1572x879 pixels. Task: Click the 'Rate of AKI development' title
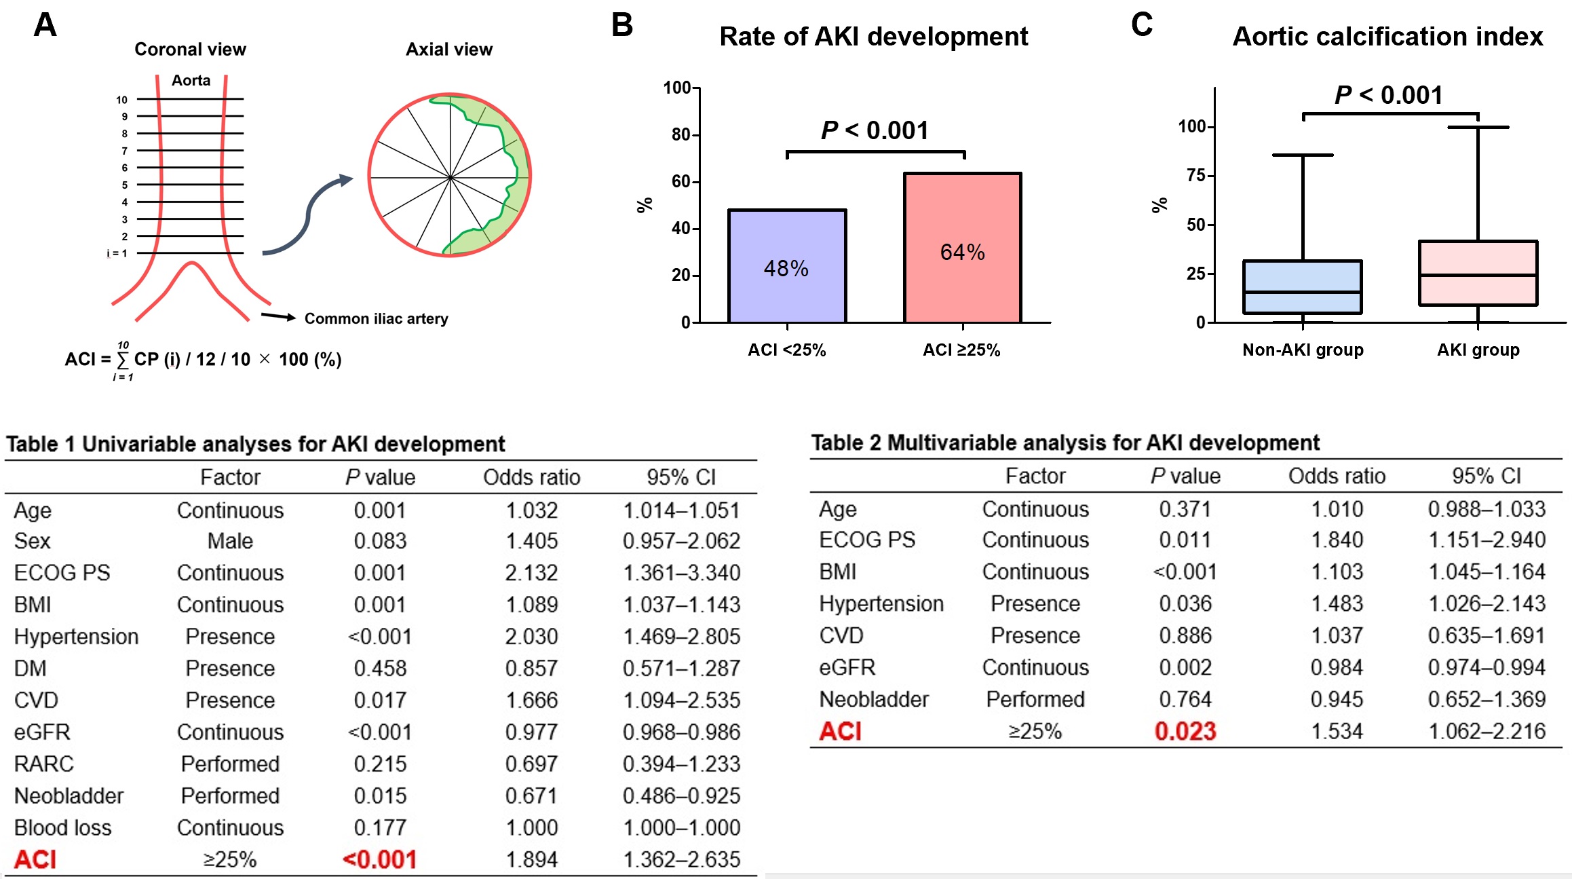873,37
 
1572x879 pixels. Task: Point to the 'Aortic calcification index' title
1387,37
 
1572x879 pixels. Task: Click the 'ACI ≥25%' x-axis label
961,350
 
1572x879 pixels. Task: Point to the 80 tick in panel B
680,134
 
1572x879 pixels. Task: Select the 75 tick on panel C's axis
1195,176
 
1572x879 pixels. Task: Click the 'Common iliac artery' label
376,319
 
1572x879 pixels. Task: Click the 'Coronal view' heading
190,50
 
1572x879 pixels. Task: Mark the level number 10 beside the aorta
121,100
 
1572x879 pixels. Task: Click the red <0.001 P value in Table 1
380,860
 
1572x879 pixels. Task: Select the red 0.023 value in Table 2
1185,732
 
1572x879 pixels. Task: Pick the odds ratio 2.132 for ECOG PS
531,573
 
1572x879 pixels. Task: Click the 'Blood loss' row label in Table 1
62,828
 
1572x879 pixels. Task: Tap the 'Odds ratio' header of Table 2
1337,476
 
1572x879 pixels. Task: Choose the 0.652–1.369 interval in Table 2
1487,700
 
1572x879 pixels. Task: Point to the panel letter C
1142,24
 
